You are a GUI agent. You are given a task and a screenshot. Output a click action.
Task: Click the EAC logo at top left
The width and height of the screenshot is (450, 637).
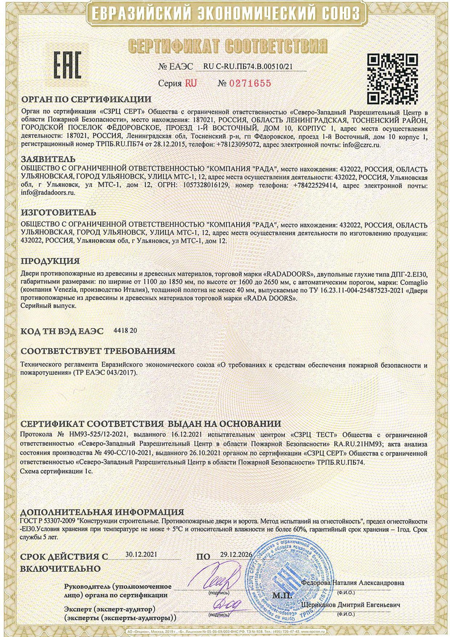67,65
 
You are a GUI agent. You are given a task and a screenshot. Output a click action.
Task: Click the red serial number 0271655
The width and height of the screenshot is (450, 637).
251,84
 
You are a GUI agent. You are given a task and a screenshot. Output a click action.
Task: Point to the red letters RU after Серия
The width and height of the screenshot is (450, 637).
191,84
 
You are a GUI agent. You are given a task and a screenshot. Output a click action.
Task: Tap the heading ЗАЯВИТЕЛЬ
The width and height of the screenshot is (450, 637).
48,159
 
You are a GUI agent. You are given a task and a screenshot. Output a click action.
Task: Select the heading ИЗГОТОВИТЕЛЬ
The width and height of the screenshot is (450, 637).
58,212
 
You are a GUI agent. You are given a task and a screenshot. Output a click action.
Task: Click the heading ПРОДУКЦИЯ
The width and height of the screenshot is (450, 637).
50,261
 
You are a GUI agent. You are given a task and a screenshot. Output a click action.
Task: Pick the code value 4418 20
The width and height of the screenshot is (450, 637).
125,330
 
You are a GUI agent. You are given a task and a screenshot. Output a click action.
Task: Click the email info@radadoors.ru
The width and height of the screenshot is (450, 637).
48,192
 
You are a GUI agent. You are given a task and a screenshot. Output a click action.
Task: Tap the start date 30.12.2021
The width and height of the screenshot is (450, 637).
141,554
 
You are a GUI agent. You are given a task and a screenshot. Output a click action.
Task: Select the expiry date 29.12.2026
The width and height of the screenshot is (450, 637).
236,555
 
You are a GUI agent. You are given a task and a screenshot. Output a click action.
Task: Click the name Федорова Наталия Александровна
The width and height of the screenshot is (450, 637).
352,583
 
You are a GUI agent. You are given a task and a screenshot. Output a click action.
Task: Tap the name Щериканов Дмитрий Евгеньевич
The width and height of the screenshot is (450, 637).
351,605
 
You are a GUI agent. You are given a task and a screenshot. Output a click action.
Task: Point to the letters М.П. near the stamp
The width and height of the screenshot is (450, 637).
282,596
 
